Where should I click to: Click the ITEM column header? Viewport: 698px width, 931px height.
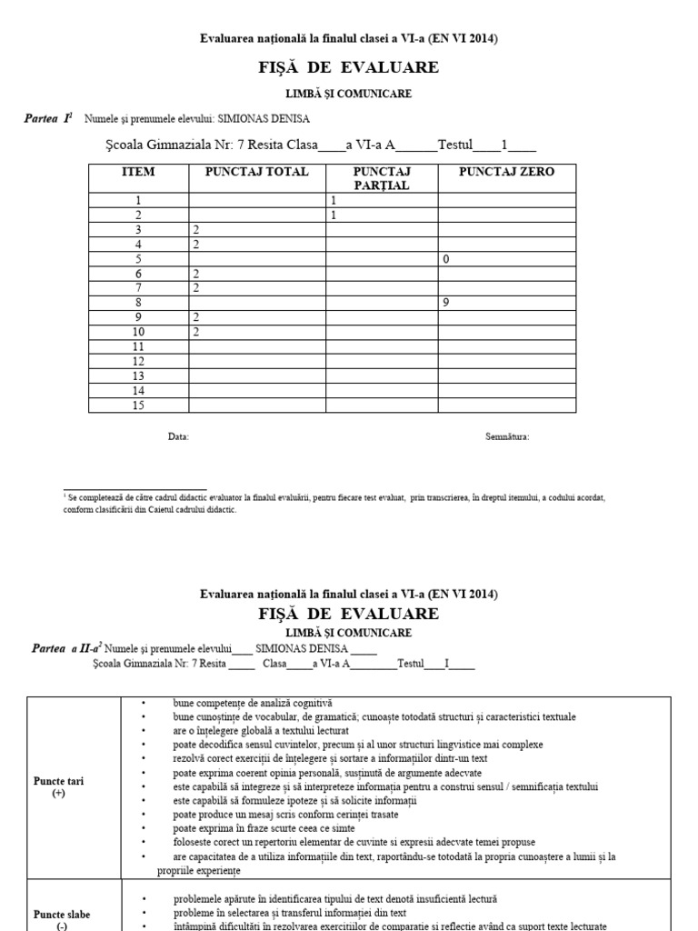(138, 172)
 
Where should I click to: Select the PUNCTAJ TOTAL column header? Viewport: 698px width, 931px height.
(256, 172)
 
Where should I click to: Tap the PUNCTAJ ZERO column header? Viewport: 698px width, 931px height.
(506, 172)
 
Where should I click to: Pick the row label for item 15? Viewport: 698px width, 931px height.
(139, 405)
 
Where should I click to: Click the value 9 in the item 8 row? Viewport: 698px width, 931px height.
(446, 303)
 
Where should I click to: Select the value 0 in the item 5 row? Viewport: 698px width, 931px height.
(445, 259)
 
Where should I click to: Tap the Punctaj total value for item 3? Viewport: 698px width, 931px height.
(195, 230)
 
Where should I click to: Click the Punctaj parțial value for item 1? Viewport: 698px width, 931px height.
(334, 200)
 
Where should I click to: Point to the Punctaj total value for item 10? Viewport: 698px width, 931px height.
(195, 332)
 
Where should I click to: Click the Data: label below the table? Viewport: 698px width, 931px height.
(178, 437)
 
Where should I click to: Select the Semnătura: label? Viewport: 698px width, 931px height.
(507, 437)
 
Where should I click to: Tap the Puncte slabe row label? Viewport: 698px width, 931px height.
(61, 915)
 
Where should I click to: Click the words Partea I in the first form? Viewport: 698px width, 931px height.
(47, 119)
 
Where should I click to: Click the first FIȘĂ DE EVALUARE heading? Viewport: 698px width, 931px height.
(349, 67)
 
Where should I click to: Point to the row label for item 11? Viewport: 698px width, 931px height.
(139, 346)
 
